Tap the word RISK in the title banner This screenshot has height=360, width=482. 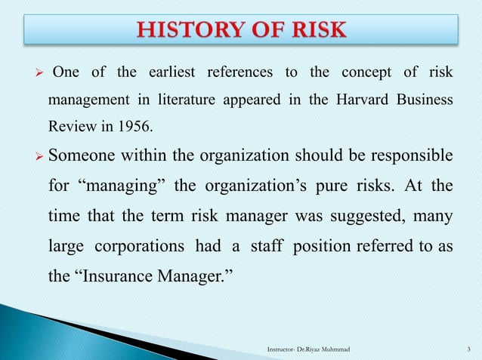[315, 30]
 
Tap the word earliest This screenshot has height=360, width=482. [165, 72]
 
